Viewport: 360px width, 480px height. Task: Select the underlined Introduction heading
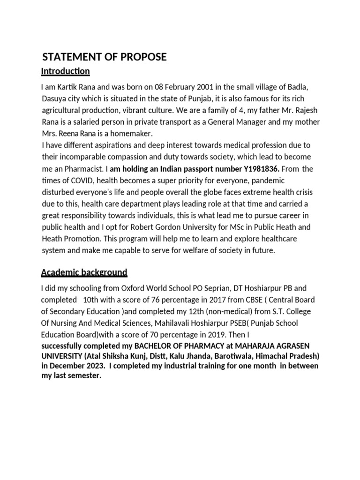tap(65, 71)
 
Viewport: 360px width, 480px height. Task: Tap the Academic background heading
tap(84, 272)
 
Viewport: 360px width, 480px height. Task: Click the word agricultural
tap(66, 110)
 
